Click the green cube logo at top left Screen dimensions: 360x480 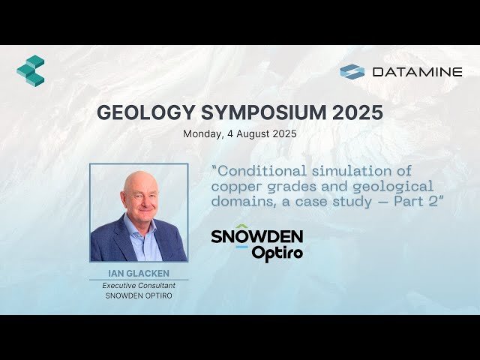(30, 70)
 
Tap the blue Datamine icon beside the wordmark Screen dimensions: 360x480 (352, 71)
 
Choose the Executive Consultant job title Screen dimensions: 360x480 (139, 286)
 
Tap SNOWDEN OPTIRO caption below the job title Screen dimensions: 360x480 (139, 296)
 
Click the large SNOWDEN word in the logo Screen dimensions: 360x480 (256, 237)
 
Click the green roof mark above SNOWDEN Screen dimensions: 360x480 (241, 226)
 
